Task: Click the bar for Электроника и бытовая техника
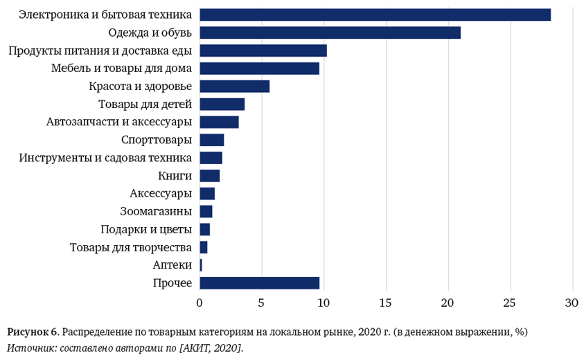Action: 375,15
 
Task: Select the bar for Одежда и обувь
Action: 330,33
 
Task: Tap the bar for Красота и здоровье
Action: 234,86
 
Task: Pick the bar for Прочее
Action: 259,282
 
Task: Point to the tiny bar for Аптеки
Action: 201,264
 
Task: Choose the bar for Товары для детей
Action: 222,104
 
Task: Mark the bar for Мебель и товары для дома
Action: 259,68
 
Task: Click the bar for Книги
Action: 209,175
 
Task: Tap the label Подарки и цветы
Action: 146,229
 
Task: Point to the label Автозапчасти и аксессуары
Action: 119,122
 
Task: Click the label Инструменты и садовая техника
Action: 105,158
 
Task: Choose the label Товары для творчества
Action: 131,247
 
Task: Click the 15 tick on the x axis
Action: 386,303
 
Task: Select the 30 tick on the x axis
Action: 572,303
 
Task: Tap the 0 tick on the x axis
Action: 200,303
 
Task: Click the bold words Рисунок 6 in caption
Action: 32,332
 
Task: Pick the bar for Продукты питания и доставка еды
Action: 263,51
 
